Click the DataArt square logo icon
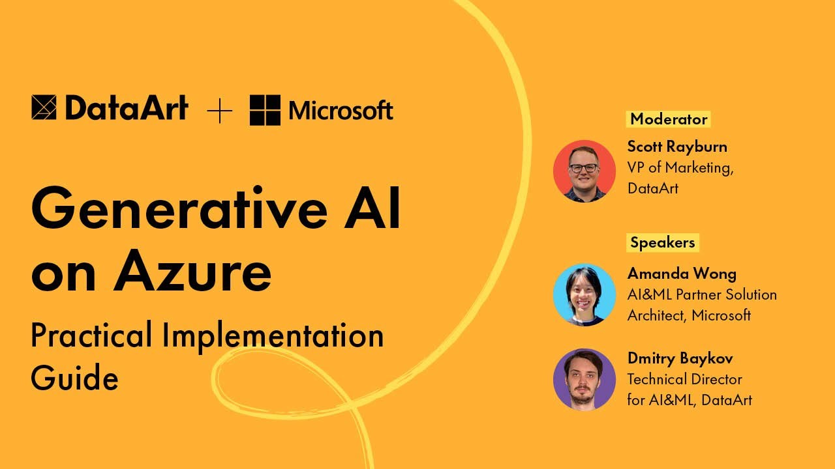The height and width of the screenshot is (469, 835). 44,108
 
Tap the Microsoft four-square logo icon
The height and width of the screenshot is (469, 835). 265,110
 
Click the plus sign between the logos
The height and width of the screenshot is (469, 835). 220,111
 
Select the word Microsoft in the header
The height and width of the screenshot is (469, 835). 341,111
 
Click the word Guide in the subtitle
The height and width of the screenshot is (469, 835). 74,377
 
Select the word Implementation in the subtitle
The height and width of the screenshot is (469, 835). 273,336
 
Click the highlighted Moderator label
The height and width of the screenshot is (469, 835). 669,119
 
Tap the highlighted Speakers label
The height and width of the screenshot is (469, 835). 662,242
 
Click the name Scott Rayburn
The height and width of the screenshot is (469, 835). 677,146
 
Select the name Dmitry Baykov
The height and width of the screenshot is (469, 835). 680,358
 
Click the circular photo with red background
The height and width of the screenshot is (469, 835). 584,171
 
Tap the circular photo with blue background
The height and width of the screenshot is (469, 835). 584,294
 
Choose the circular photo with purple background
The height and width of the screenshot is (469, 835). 584,379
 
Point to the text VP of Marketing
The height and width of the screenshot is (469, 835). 680,167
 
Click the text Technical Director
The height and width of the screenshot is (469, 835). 684,379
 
